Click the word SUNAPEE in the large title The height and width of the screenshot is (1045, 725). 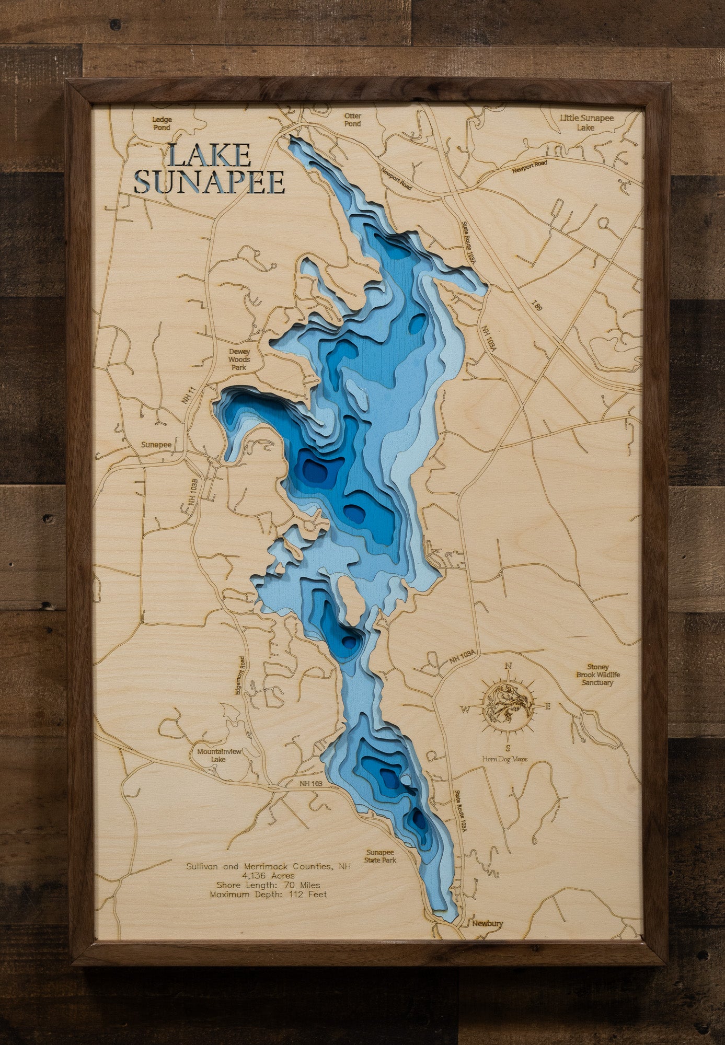click(x=209, y=182)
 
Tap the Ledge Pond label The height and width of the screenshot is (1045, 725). click(x=162, y=123)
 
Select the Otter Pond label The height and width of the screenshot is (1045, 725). click(x=352, y=120)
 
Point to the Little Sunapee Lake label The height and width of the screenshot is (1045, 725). click(x=586, y=123)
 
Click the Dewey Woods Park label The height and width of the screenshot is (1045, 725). click(x=239, y=359)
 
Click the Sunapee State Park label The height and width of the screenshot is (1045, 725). click(x=381, y=856)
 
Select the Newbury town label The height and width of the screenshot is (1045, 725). click(x=487, y=923)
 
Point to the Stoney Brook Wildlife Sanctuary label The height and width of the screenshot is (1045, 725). click(x=597, y=675)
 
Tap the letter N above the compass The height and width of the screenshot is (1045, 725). click(x=507, y=666)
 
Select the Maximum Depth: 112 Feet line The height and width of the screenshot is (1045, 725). click(x=268, y=894)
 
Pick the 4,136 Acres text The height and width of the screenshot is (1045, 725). click(x=268, y=876)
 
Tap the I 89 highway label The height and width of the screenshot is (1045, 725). click(x=538, y=307)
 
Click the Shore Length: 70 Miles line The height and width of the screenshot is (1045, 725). click(x=268, y=885)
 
